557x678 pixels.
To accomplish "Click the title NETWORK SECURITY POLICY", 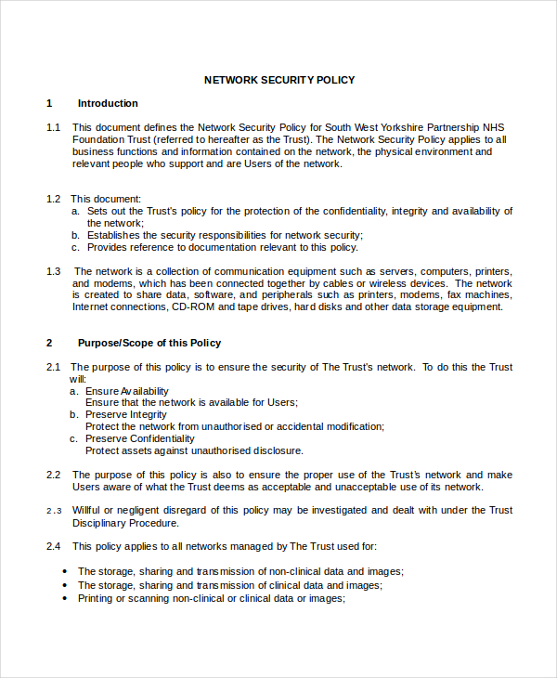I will pyautogui.click(x=278, y=80).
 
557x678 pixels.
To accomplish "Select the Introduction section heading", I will pyautogui.click(x=108, y=103).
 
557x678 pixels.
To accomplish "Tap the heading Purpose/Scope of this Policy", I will pyautogui.click(x=149, y=343).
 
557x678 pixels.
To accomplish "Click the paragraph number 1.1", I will pyautogui.click(x=53, y=127).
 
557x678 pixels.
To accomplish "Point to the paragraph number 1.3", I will pyautogui.click(x=53, y=271).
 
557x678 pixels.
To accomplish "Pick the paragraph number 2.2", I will pyautogui.click(x=53, y=475).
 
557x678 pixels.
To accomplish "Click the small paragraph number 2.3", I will pyautogui.click(x=53, y=511).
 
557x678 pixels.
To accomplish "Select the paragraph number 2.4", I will pyautogui.click(x=53, y=546).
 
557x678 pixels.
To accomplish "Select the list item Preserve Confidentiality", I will pyautogui.click(x=140, y=438).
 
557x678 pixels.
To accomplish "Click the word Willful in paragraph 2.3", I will pyautogui.click(x=88, y=510).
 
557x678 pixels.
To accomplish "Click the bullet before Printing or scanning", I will pyautogui.click(x=64, y=600).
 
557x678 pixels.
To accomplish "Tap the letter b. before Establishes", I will pyautogui.click(x=75, y=235).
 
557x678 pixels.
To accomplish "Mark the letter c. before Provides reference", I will pyautogui.click(x=75, y=247).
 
